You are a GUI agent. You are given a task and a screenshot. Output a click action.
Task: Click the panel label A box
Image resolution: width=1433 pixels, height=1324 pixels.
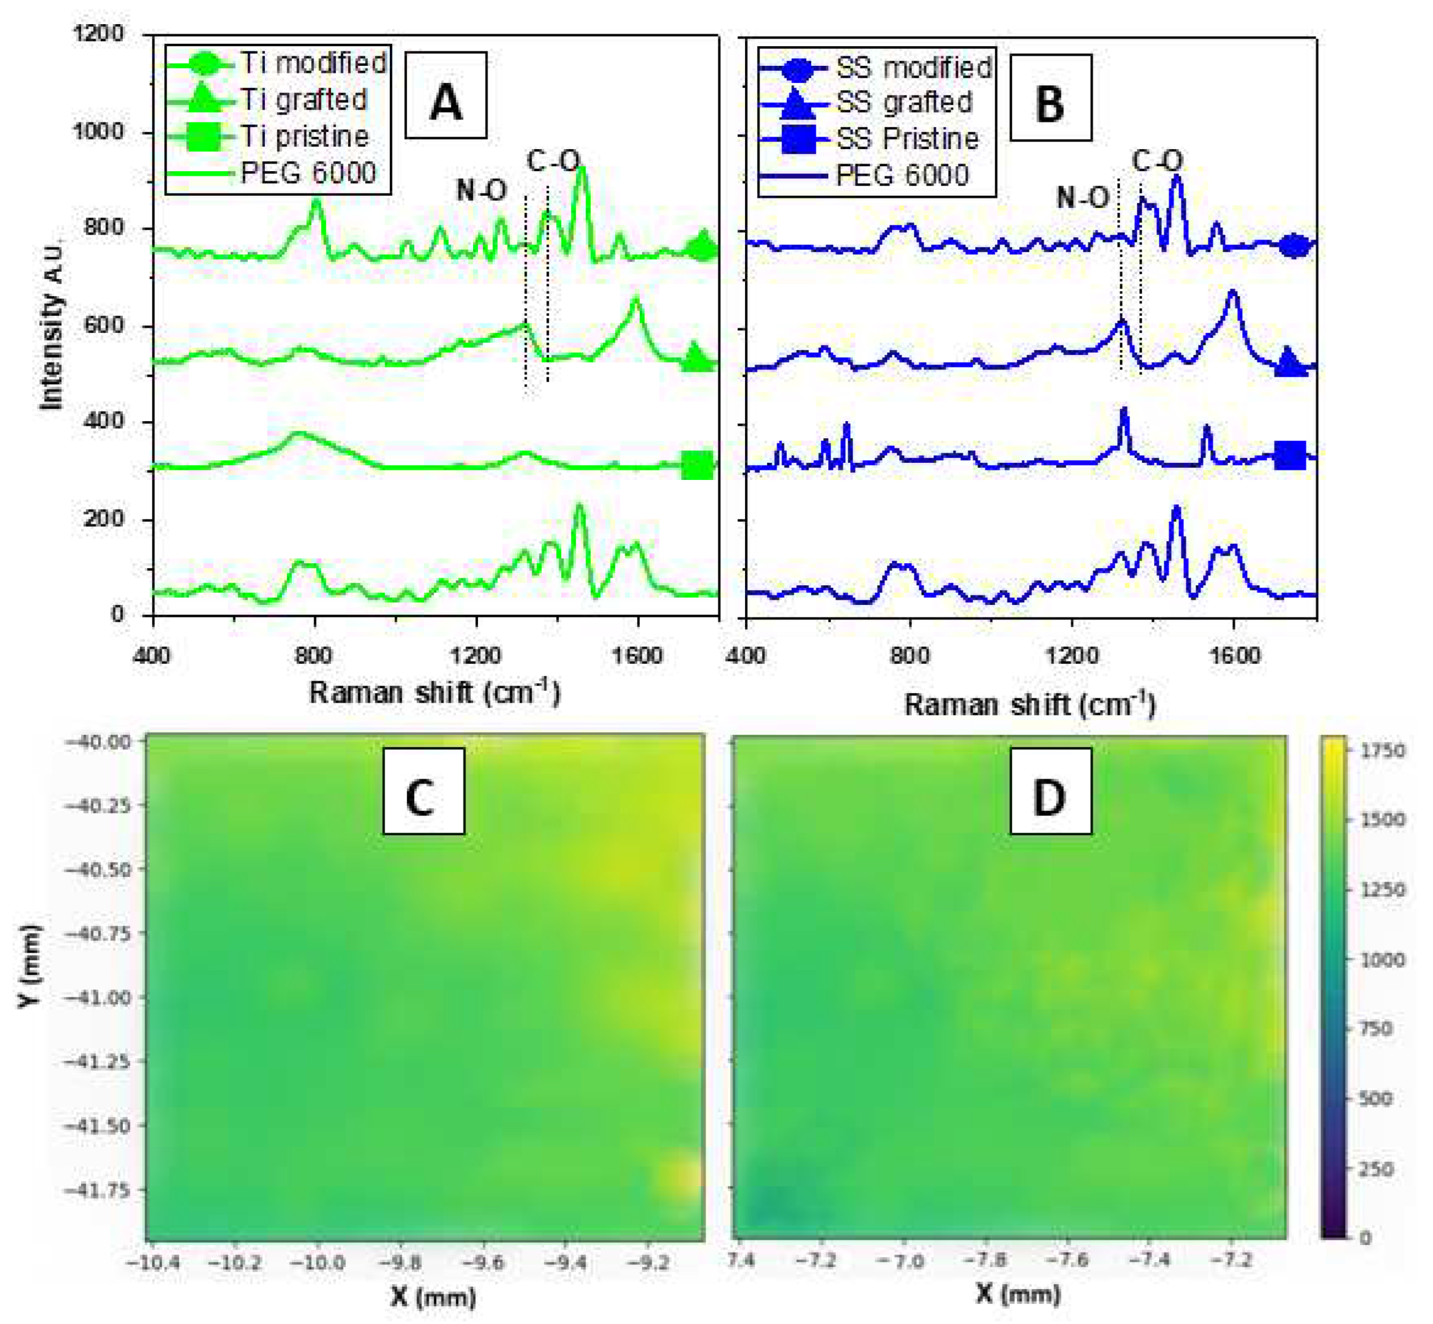point(446,95)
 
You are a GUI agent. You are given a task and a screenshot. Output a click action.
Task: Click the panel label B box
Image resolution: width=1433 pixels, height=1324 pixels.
point(1050,98)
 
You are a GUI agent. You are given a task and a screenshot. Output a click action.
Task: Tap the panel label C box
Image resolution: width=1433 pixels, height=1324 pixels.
point(423,791)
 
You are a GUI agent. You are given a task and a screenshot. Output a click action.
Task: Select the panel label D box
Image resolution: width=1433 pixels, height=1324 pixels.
point(1050,791)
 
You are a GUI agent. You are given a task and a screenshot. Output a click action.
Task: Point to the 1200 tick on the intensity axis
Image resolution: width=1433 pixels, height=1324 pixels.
point(98,33)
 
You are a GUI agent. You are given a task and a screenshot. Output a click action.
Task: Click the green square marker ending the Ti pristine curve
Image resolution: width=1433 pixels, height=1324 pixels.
point(697,466)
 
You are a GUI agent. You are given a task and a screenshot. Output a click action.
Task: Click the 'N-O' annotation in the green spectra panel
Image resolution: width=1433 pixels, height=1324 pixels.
point(481,190)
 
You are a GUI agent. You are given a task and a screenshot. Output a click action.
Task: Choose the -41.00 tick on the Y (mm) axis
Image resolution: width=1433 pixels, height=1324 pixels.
point(98,997)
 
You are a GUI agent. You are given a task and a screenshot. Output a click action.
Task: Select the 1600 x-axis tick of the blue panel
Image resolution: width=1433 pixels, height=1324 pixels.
point(1233,655)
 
